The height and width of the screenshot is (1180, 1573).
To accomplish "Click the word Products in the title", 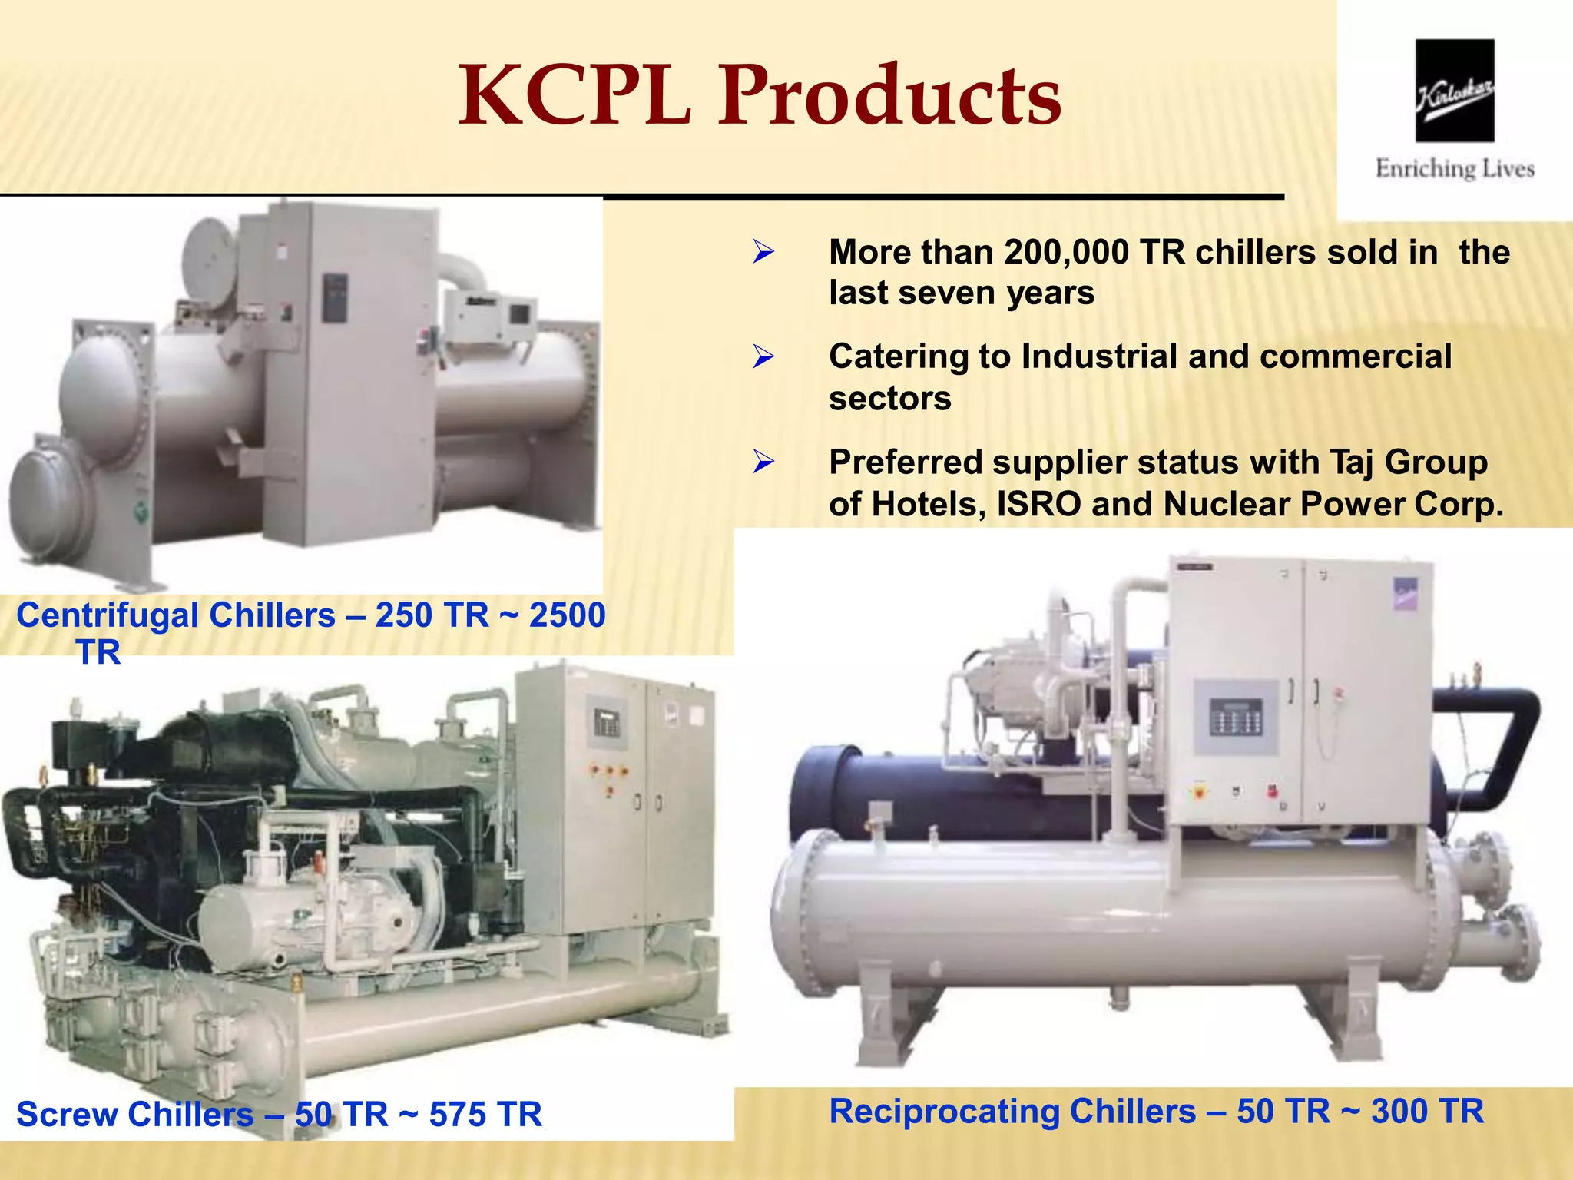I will [x=890, y=96].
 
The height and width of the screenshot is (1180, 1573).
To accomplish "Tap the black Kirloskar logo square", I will [x=1455, y=91].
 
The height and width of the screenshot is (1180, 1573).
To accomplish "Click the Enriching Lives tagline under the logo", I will [x=1455, y=169].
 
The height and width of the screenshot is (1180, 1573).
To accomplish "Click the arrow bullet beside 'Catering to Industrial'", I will [x=763, y=356].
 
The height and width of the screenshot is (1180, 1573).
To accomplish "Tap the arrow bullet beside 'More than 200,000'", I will [x=763, y=252].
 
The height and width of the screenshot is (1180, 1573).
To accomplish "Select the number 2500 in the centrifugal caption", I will [x=568, y=615].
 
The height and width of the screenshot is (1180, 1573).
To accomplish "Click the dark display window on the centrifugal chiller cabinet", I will [x=335, y=297].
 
